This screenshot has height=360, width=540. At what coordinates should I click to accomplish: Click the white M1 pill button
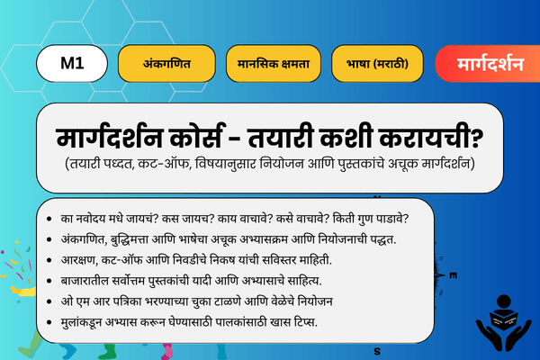[72, 64]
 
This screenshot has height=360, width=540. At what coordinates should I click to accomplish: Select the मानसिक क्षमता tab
[274, 65]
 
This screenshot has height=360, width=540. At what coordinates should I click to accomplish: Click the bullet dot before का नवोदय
[47, 219]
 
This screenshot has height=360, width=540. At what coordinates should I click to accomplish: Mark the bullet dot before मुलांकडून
[47, 321]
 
